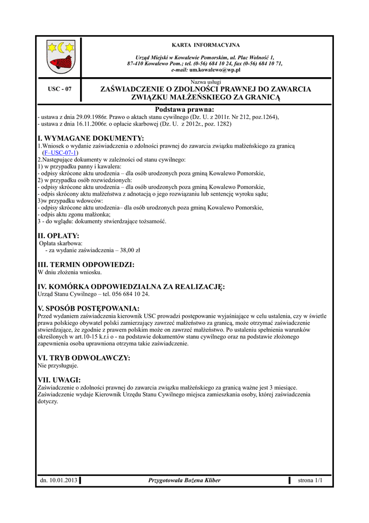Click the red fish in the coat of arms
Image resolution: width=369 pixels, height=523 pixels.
(61, 62)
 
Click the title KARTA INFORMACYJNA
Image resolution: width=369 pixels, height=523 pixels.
(205, 45)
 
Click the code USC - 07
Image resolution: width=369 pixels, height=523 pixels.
(60, 89)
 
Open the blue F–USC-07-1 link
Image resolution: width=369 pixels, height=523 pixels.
(60, 153)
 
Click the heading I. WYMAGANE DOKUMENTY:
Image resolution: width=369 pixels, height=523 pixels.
(91, 138)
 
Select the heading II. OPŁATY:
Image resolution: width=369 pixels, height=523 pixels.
(59, 235)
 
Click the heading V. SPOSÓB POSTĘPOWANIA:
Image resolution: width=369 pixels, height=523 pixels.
(89, 308)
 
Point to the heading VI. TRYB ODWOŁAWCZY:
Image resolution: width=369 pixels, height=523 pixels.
(84, 358)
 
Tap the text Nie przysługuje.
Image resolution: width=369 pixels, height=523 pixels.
(58, 366)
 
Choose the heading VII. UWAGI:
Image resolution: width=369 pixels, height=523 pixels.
(60, 380)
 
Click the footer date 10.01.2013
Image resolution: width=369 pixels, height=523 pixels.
(63, 480)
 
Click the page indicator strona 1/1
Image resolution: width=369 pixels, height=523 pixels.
(310, 480)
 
